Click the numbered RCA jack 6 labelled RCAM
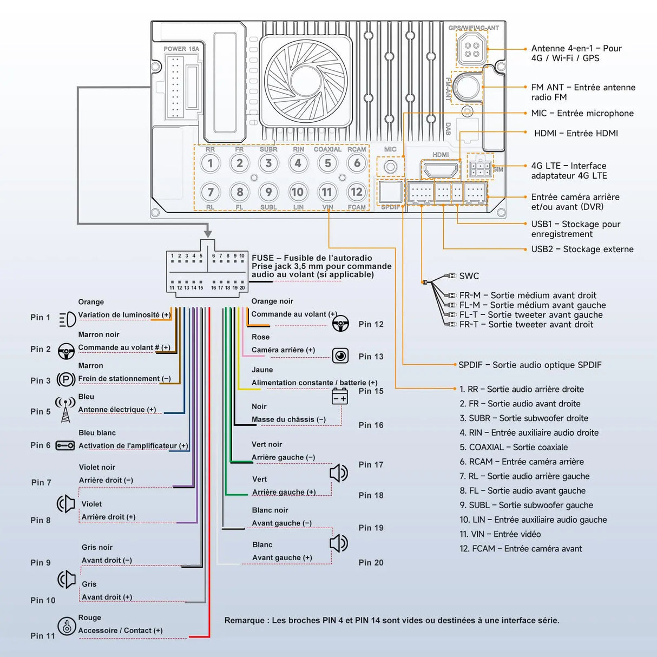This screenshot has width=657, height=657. [x=357, y=163]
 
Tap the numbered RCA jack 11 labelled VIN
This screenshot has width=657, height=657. [x=327, y=192]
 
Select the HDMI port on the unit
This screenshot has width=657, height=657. [x=441, y=170]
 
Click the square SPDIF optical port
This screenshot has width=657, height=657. [x=390, y=192]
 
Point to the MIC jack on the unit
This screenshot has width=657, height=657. [x=390, y=167]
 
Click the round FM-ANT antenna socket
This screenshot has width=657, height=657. [x=466, y=87]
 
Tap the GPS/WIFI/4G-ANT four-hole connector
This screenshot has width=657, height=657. [x=472, y=49]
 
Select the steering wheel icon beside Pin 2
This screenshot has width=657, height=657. [x=66, y=351]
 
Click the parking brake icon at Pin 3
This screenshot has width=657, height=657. [x=66, y=379]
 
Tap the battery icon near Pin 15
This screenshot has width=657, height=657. [x=340, y=397]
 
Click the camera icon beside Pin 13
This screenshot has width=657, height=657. [x=340, y=356]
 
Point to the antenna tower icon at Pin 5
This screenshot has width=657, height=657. [x=65, y=410]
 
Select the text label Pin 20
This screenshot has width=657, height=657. [x=371, y=563]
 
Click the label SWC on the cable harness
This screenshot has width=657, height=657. [x=469, y=276]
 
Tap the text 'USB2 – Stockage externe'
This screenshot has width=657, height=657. [x=582, y=249]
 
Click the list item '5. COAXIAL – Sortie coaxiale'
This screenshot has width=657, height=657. [x=514, y=447]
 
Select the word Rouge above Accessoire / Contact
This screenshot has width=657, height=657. [x=90, y=617]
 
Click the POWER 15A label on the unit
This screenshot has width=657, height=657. [x=181, y=49]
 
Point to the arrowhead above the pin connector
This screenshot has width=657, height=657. [x=208, y=234]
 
